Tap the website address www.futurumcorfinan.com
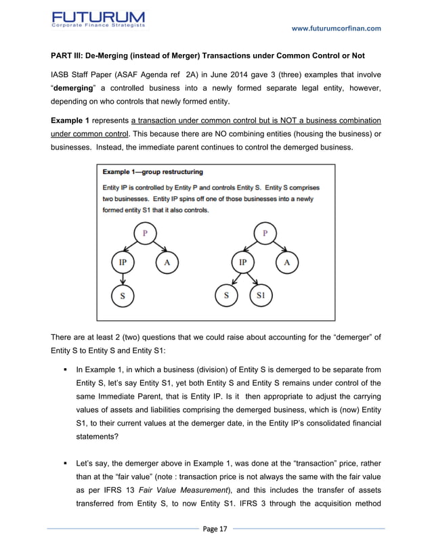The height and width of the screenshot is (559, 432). tap(336, 28)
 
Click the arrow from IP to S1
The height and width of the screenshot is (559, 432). tap(254, 277)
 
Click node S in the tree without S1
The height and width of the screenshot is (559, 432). tap(123, 295)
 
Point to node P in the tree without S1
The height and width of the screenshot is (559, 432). tap(144, 233)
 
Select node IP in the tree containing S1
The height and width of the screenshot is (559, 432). tap(242, 262)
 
